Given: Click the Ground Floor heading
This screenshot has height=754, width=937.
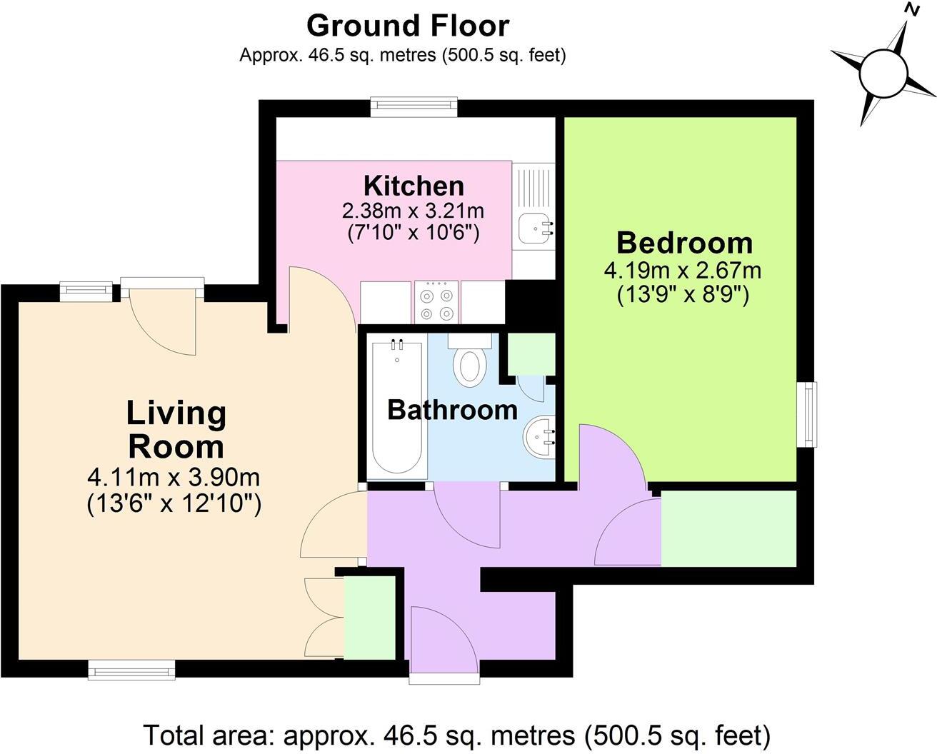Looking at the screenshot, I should (408, 26).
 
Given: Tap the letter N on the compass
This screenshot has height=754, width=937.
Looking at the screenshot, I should (911, 9).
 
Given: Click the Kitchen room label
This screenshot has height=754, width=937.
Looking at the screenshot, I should (414, 186).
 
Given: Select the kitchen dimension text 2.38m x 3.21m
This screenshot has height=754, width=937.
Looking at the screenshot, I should (414, 211).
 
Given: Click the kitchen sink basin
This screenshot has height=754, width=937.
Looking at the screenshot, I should (532, 226).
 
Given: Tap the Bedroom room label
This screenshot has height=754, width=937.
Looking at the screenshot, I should (684, 243).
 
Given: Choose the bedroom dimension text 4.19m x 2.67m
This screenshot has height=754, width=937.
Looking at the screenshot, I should (683, 271).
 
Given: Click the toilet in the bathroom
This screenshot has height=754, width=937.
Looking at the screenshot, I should (469, 364).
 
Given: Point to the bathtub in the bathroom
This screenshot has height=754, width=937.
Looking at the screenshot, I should (396, 408).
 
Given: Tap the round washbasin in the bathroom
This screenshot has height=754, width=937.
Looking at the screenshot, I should (538, 438).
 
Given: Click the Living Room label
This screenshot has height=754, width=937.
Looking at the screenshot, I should (176, 430).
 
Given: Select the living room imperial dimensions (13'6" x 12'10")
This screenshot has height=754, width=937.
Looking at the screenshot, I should (174, 504).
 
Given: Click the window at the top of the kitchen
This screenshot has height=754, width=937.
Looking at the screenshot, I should (414, 107).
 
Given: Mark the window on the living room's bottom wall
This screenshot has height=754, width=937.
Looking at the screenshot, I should (131, 669).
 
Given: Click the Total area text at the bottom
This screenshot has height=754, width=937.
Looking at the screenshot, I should (457, 734).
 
